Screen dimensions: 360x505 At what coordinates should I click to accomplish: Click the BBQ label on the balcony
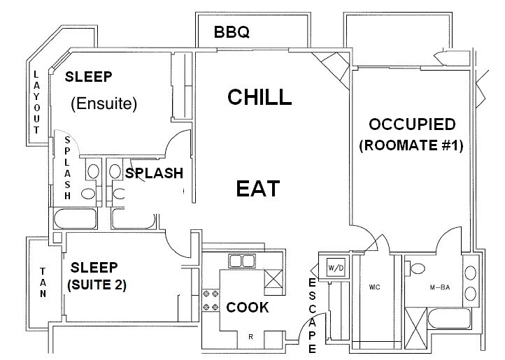point(232,32)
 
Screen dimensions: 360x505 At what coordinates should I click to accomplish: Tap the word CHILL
point(259,97)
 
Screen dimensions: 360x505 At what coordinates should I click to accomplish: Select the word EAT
point(257,188)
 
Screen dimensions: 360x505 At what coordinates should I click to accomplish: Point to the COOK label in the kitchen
point(247,307)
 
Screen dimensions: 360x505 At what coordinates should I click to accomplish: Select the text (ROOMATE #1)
point(412,147)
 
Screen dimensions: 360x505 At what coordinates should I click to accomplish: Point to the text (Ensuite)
point(104,103)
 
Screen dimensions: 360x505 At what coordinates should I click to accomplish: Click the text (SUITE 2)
point(97,285)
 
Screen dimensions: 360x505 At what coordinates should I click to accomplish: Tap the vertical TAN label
point(42,282)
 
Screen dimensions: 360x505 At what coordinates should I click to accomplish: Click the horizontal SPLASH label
point(154,173)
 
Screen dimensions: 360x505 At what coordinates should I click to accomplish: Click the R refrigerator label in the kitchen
point(250,338)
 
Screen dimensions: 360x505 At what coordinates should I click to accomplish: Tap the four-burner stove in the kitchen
point(211,300)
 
